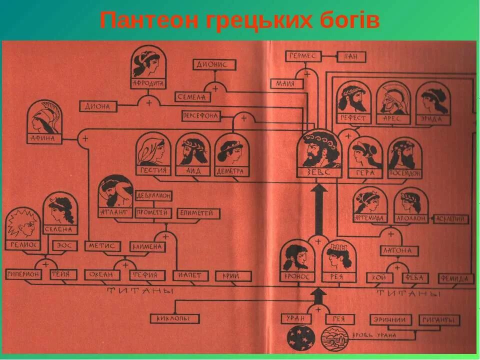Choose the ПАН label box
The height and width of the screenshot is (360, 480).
pyautogui.click(x=350, y=57)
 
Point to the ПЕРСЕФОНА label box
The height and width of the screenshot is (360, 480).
pyautogui.click(x=201, y=116)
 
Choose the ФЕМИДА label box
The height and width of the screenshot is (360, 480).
pyautogui.click(x=456, y=278)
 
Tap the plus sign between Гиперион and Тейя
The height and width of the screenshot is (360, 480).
pyautogui.click(x=46, y=264)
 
